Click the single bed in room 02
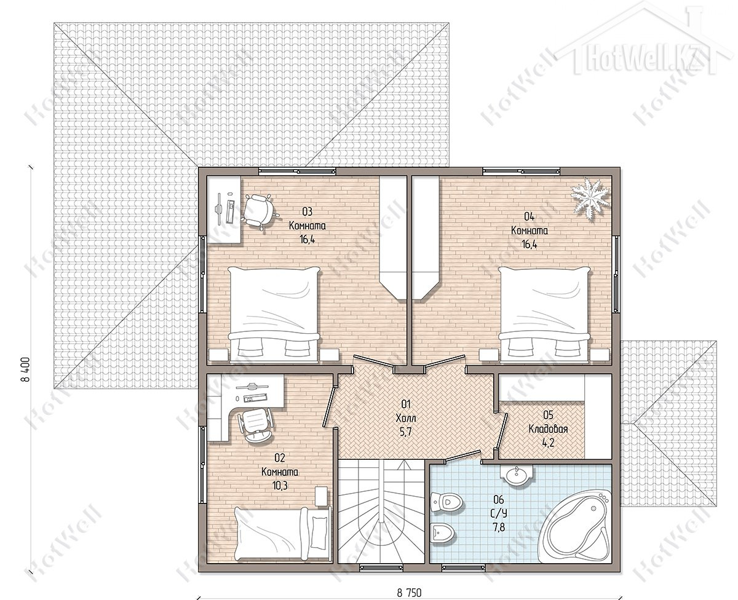(x=282, y=535)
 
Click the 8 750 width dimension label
(x=409, y=593)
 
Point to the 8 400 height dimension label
(x=26, y=369)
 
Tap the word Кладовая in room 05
(x=548, y=429)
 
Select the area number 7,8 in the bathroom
(x=499, y=527)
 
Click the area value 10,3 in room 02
(x=280, y=486)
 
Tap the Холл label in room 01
(x=406, y=418)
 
